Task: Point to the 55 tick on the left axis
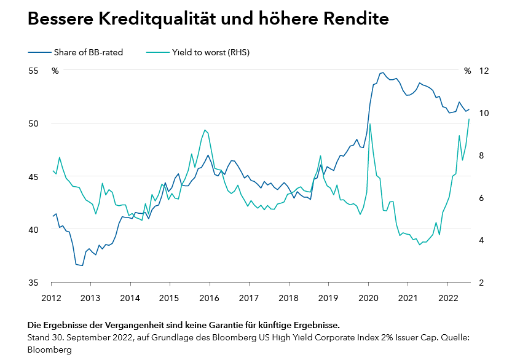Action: click(x=34, y=71)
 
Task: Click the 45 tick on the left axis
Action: click(x=34, y=177)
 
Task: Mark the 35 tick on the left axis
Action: click(x=34, y=283)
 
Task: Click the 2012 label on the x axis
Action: click(x=51, y=298)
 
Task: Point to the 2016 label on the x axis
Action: click(x=209, y=298)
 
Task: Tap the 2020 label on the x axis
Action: click(x=368, y=298)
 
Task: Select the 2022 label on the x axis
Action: click(x=447, y=298)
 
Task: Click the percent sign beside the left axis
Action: click(x=55, y=71)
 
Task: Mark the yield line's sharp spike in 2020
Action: click(x=370, y=125)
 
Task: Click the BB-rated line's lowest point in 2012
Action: click(x=82, y=265)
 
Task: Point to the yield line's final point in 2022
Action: click(x=470, y=119)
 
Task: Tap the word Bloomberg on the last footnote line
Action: click(x=49, y=350)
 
